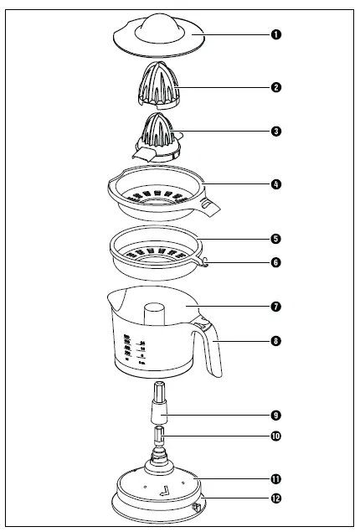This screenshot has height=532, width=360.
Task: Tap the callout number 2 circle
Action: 276,86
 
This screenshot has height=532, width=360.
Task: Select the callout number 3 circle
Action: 276,132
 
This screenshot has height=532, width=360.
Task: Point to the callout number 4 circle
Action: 276,183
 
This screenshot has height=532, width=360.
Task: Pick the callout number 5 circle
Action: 276,238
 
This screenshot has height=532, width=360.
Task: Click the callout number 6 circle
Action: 276,262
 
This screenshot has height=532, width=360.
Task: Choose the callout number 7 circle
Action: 276,307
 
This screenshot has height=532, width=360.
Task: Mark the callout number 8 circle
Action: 276,341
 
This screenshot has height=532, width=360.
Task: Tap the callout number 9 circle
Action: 276,414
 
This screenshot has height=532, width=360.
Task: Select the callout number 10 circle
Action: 276,436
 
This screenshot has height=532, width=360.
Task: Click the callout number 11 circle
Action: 276,479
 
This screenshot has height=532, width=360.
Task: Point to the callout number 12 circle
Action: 276,500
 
